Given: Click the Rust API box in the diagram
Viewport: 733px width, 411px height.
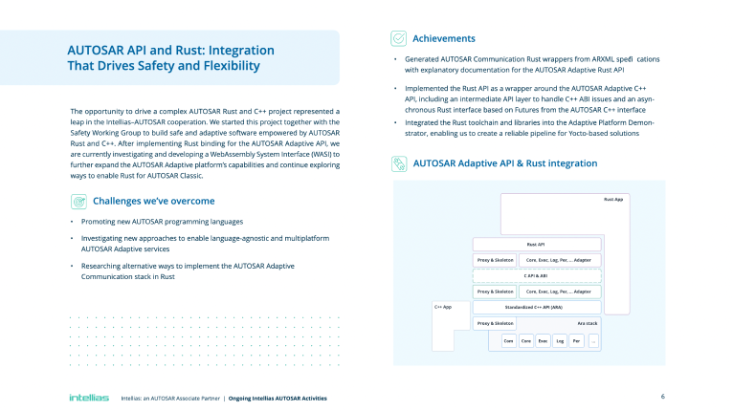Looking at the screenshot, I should click(x=536, y=245).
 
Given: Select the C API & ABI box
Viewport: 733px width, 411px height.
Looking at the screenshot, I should click(x=536, y=275).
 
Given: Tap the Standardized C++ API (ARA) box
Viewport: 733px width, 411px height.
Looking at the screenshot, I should click(x=536, y=307).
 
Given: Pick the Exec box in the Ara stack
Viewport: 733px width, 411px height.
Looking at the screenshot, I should click(x=543, y=340).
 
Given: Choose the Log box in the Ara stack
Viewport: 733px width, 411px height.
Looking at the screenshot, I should click(x=560, y=340).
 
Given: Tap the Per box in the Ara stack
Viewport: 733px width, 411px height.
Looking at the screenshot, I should click(x=576, y=340).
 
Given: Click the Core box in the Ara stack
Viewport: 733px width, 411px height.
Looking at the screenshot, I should click(x=525, y=340).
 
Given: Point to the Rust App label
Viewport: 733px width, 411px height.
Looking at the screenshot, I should click(x=612, y=199).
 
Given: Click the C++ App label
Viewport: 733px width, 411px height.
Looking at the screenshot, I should click(x=443, y=307).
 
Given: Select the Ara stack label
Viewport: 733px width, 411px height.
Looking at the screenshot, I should click(x=588, y=324).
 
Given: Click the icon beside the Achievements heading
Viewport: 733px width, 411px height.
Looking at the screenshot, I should click(x=399, y=38).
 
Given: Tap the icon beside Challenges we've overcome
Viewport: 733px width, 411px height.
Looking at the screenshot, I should click(x=78, y=202).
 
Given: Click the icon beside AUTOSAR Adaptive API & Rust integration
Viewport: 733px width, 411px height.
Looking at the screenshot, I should click(x=399, y=163).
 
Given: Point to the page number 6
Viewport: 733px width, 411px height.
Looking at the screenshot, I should click(x=662, y=396).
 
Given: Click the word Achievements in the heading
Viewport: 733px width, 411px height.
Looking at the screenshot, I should click(x=444, y=38).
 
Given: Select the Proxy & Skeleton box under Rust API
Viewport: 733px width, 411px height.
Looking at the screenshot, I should click(x=496, y=260).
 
